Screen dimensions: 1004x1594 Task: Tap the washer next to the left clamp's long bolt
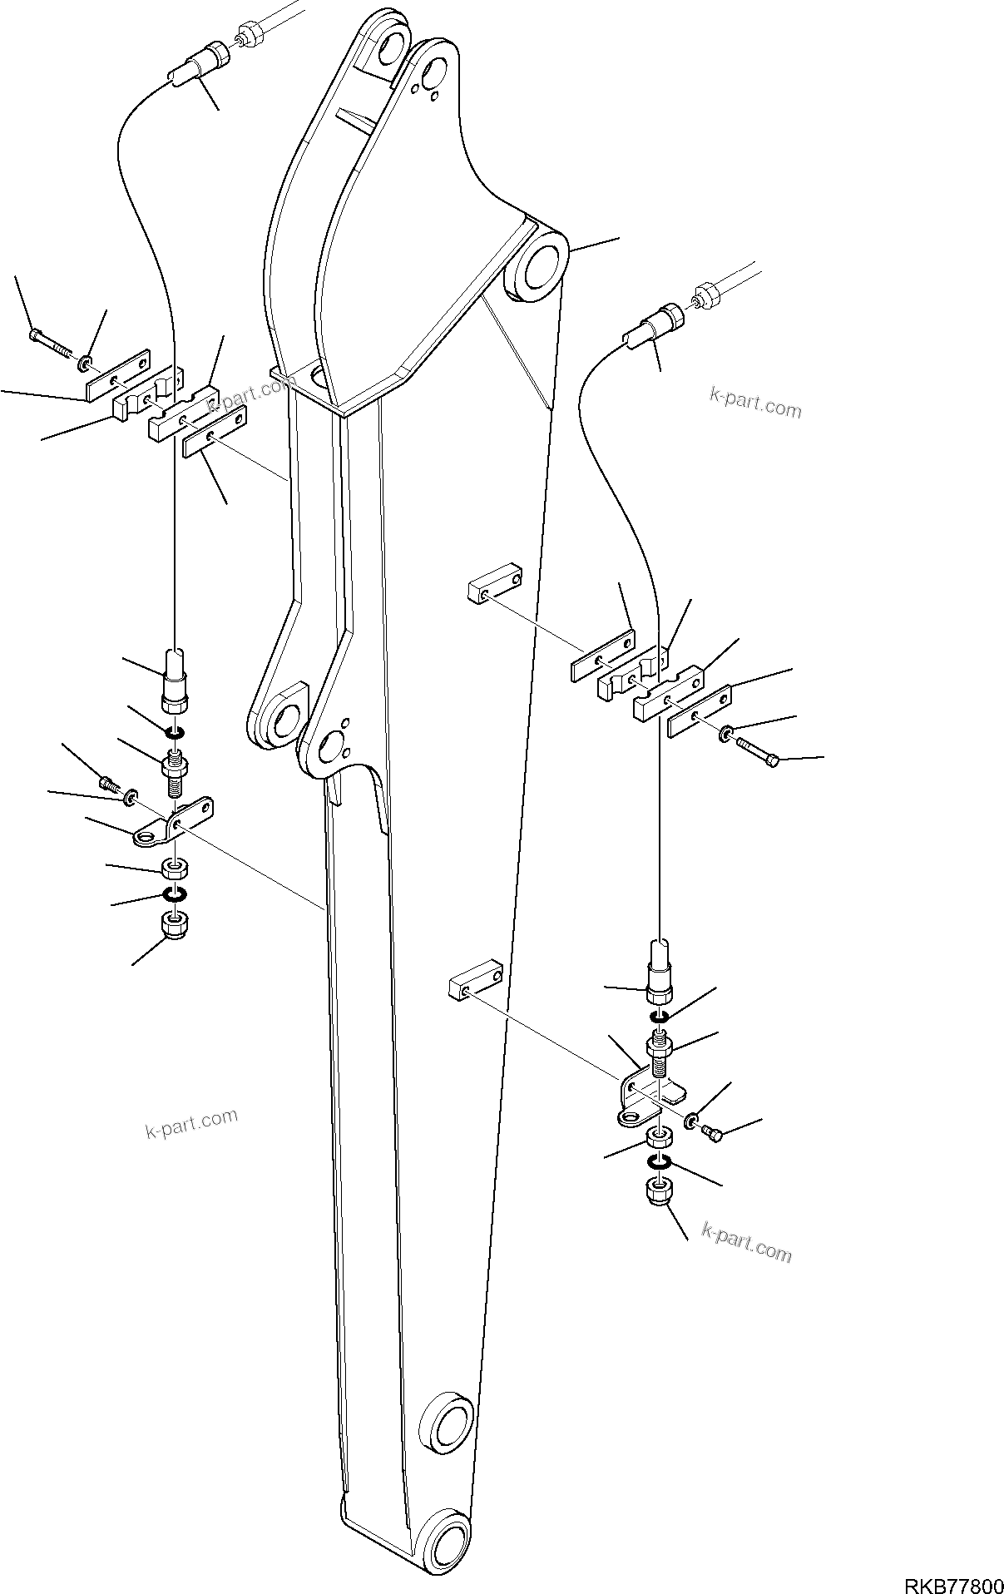(86, 364)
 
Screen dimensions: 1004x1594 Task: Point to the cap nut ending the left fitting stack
(172, 924)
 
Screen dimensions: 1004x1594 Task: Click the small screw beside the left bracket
(110, 784)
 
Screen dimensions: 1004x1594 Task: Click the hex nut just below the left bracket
(172, 870)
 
